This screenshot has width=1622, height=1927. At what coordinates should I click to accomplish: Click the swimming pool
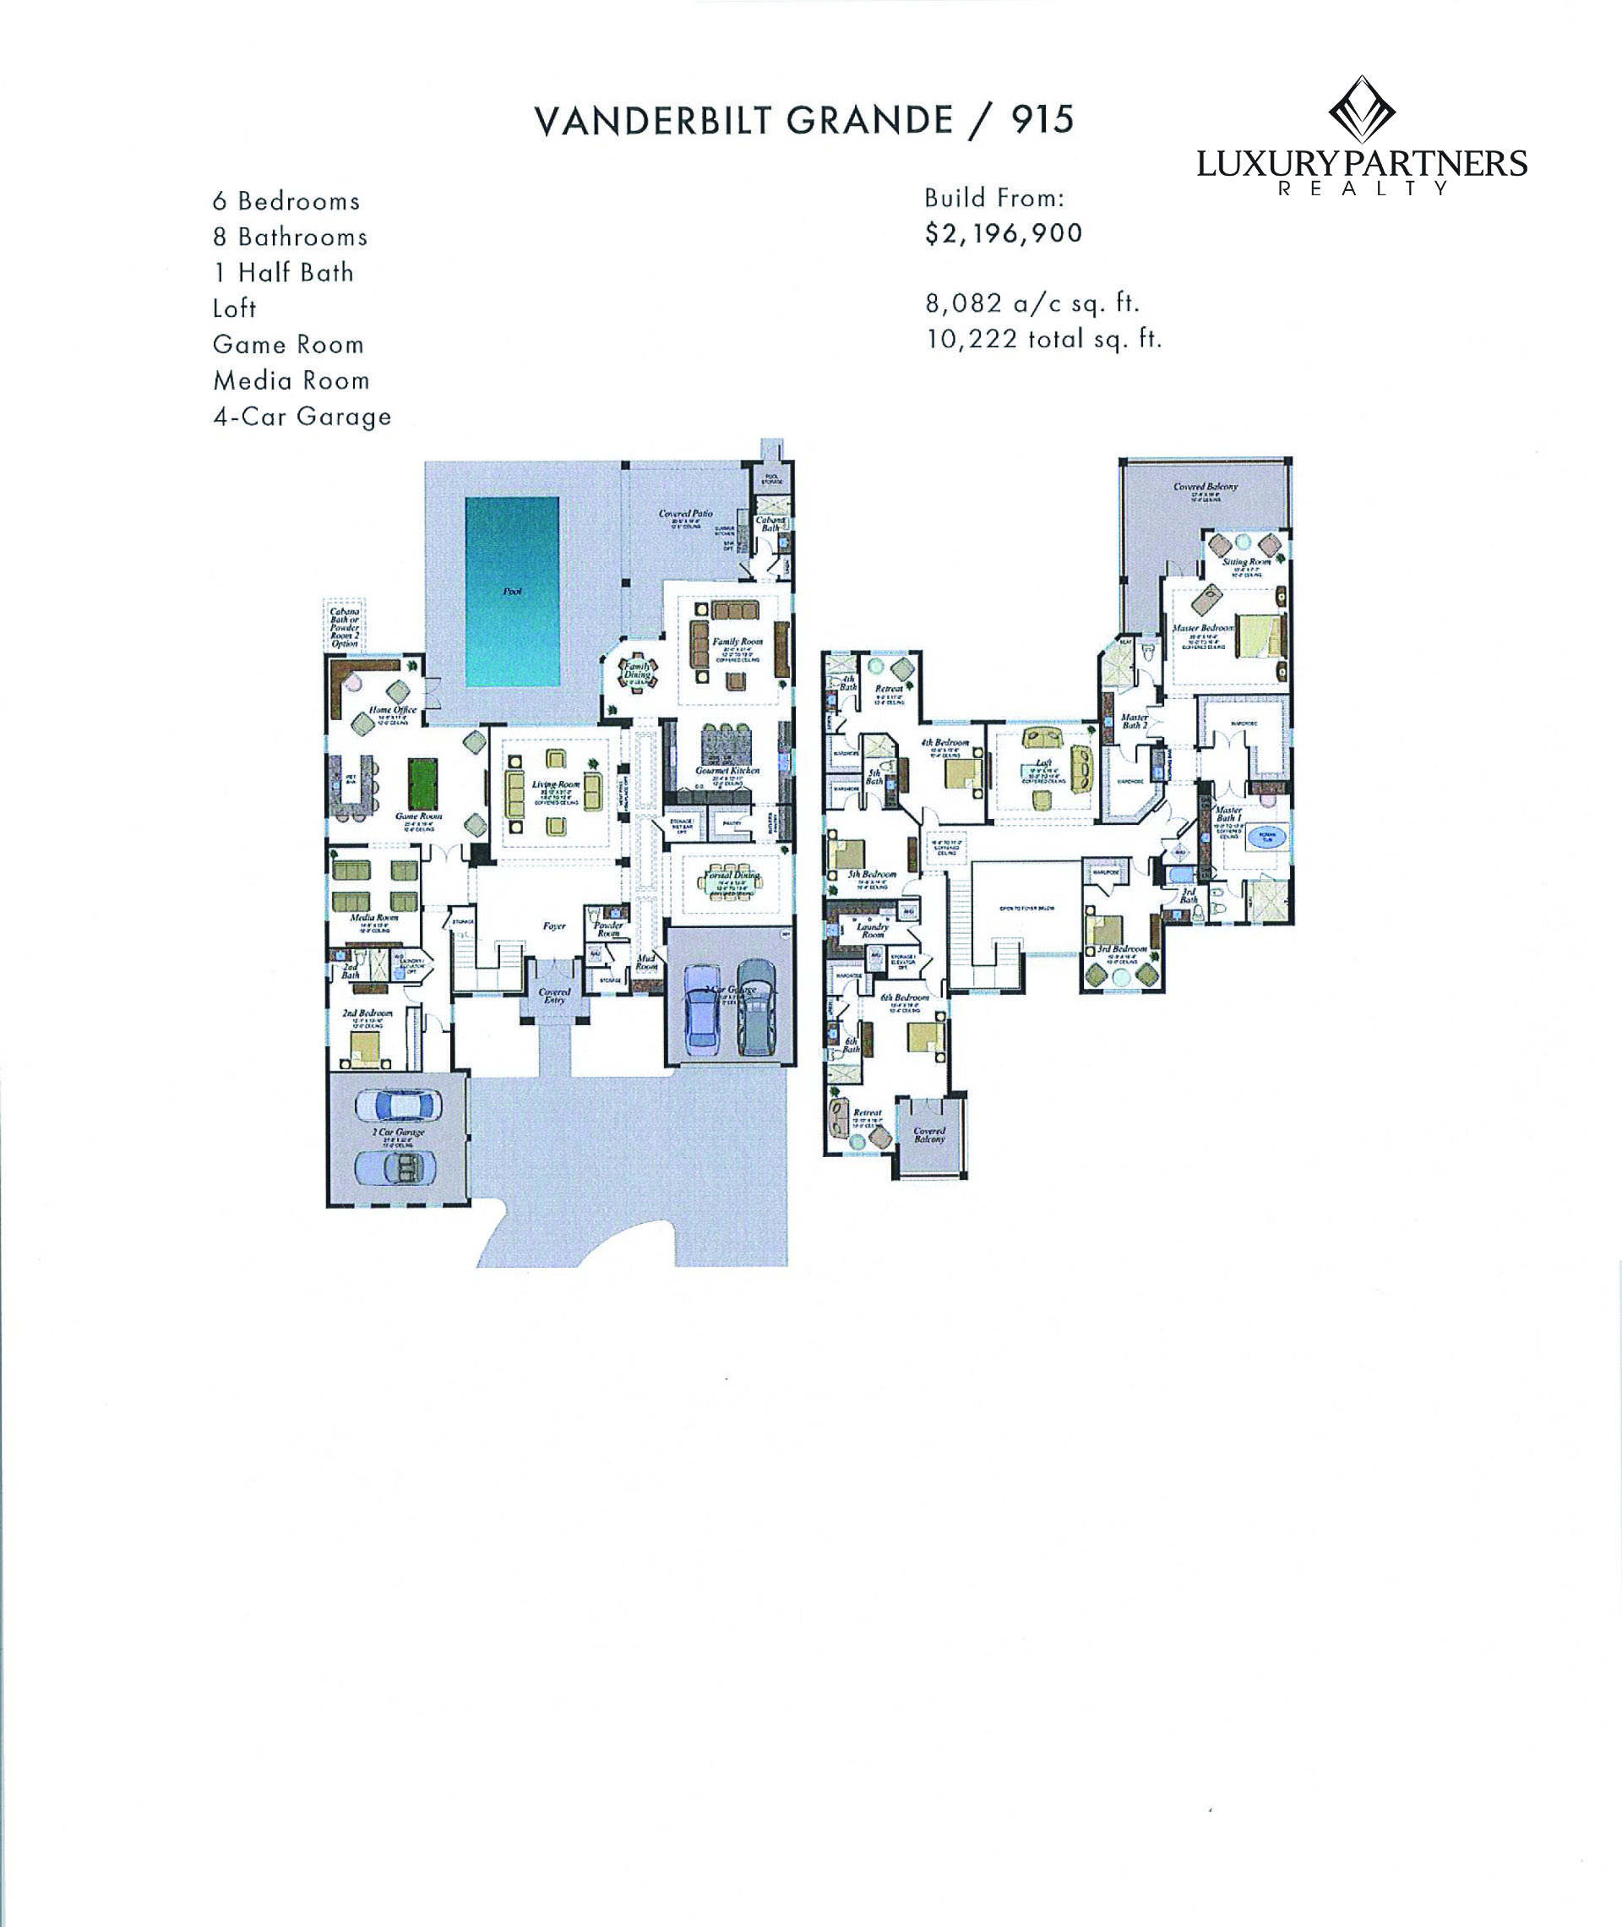[511, 592]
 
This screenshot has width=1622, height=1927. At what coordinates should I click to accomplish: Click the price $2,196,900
[1003, 233]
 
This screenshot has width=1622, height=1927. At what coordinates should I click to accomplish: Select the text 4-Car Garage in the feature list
[302, 417]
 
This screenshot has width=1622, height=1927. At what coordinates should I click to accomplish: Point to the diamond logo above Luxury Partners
[1361, 110]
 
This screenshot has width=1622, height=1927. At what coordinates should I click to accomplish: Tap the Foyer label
[553, 926]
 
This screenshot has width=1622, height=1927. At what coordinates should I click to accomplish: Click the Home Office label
[393, 710]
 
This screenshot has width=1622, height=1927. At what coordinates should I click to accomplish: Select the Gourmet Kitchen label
[727, 770]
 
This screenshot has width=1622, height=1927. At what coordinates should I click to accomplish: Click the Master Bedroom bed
[1259, 634]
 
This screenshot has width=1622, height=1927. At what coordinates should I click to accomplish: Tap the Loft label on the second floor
[1042, 762]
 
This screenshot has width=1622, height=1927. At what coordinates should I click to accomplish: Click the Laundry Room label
[872, 930]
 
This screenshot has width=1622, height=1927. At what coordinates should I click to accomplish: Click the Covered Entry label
[554, 996]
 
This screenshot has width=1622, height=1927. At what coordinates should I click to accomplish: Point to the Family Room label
[738, 641]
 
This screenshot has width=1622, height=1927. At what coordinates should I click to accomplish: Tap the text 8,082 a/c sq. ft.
[1031, 303]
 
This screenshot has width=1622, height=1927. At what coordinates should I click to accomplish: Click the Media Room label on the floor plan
[374, 918]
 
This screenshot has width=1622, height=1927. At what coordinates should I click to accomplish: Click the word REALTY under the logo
[1363, 188]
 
